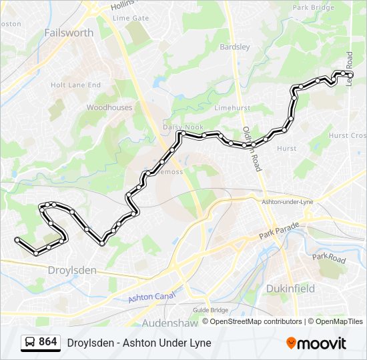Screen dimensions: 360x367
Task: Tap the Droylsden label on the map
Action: [x=72, y=270]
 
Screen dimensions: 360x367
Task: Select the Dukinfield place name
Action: [x=290, y=289]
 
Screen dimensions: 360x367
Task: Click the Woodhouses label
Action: [x=109, y=107]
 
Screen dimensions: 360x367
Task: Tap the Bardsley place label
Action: [x=235, y=47]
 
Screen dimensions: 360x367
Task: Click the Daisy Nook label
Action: [x=179, y=127]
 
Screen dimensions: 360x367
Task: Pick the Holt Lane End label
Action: [x=75, y=85]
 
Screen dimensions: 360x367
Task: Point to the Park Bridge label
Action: [x=313, y=8]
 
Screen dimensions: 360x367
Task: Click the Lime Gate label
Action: [x=131, y=18]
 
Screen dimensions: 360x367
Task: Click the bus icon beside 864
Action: [x=30, y=343]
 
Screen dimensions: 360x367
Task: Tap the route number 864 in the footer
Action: [x=48, y=342]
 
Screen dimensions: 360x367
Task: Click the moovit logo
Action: [x=316, y=343]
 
